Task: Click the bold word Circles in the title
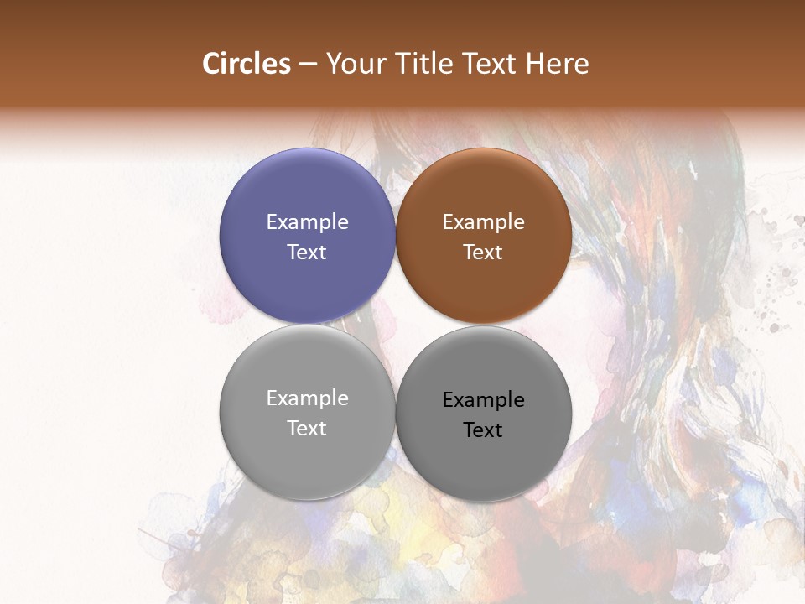[x=246, y=64]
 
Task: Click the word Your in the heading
[x=356, y=64]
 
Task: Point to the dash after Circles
[x=308, y=65]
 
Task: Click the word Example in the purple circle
[x=307, y=222]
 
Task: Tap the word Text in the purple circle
[x=307, y=253]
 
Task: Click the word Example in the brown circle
[x=483, y=222]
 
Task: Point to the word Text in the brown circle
[x=483, y=253]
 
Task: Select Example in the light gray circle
[x=307, y=398]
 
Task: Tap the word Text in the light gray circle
[x=307, y=429]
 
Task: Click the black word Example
[x=483, y=400]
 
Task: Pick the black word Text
[x=483, y=430]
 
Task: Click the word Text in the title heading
[x=489, y=64]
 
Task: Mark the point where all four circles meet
[x=396, y=324]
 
